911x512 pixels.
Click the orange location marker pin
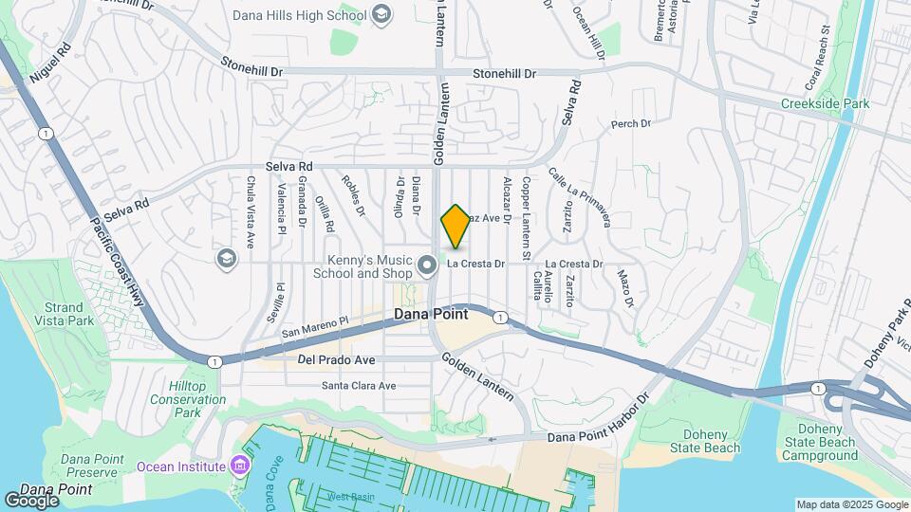tap(456, 226)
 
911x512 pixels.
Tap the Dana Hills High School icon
tap(381, 14)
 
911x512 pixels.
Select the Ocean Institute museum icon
tap(238, 466)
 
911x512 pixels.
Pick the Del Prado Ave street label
tap(336, 360)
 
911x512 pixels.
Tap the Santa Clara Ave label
tap(359, 386)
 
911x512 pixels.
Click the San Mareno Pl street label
tap(316, 327)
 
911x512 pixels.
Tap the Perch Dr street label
tap(631, 124)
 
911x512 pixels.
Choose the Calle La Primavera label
tap(579, 197)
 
